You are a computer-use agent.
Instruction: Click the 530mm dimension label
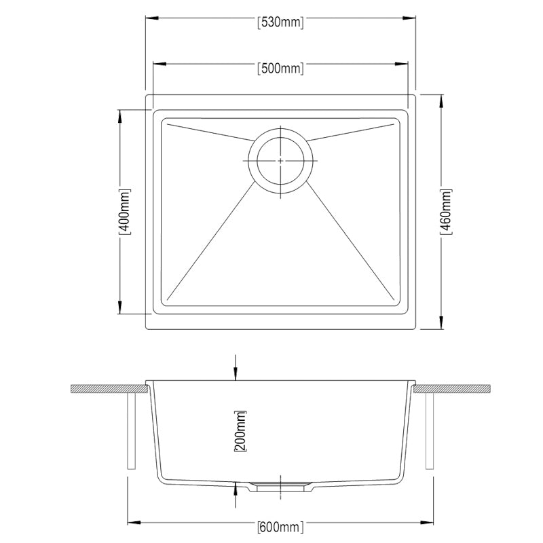pyautogui.click(x=280, y=22)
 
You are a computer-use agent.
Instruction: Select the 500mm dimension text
pyautogui.click(x=280, y=68)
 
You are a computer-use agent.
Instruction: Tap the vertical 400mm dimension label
pyautogui.click(x=124, y=211)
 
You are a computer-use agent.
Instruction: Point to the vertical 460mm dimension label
pyautogui.click(x=446, y=211)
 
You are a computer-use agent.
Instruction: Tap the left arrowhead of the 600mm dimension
pyautogui.click(x=133, y=523)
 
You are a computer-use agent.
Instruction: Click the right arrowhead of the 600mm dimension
pyautogui.click(x=426, y=523)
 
